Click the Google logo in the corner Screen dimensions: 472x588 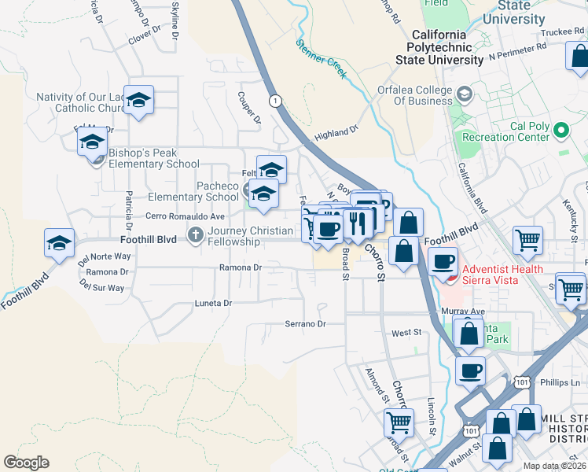(26, 463)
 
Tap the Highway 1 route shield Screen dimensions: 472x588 (274, 101)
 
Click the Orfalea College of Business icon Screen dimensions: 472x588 (464, 95)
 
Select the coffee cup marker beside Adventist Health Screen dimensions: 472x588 (443, 261)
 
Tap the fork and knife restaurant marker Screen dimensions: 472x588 (358, 223)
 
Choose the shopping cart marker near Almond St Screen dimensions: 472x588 (399, 422)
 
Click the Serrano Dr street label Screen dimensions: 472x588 (305, 324)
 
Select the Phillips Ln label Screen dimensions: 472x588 (560, 383)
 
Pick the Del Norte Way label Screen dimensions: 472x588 (104, 256)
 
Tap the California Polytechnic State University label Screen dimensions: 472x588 (449, 47)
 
